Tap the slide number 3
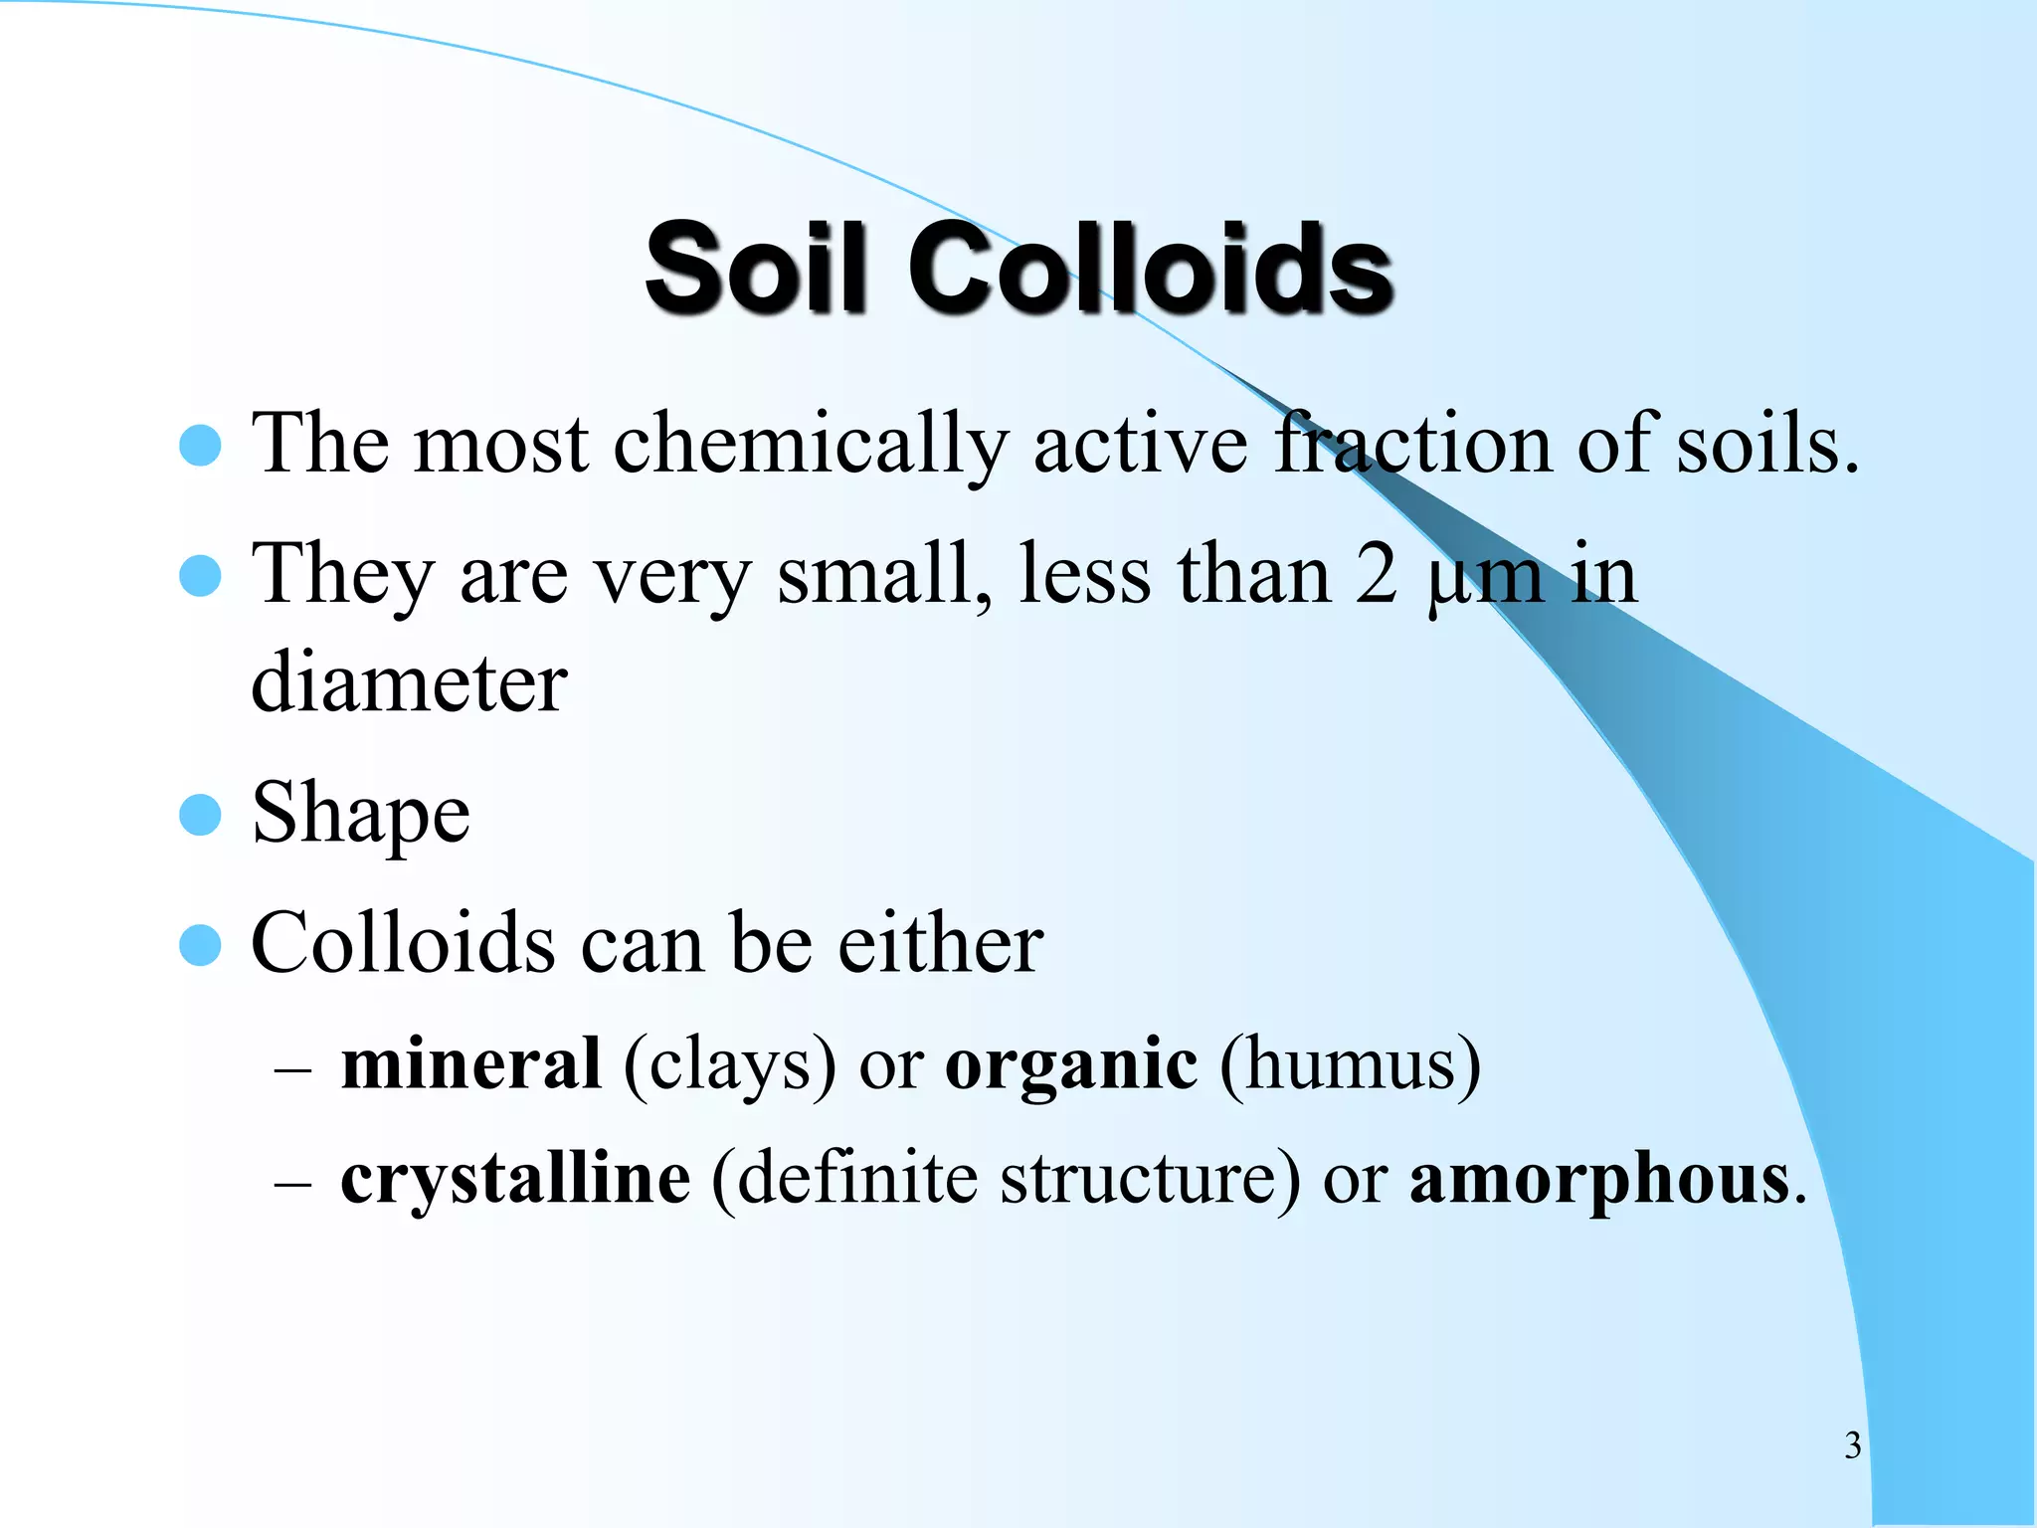click(1852, 1444)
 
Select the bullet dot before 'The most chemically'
click(200, 446)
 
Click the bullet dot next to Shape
click(200, 815)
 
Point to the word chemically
click(811, 445)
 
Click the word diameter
click(409, 684)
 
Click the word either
click(940, 943)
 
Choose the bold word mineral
click(470, 1064)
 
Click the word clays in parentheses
click(729, 1066)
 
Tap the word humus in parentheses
click(1349, 1066)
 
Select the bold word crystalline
click(515, 1180)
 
